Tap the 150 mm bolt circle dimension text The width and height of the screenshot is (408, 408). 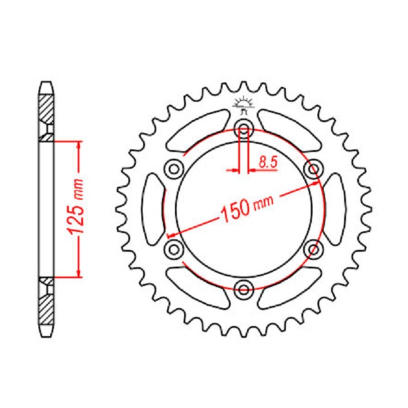point(247,208)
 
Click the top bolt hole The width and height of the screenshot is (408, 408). point(244,128)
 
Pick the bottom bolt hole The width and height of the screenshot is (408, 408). point(244,290)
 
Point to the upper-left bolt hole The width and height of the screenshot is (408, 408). point(174,170)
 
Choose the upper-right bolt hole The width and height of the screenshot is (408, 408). point(314,170)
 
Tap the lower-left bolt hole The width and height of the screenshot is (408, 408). point(174,249)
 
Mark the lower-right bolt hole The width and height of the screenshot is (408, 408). point(314,249)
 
